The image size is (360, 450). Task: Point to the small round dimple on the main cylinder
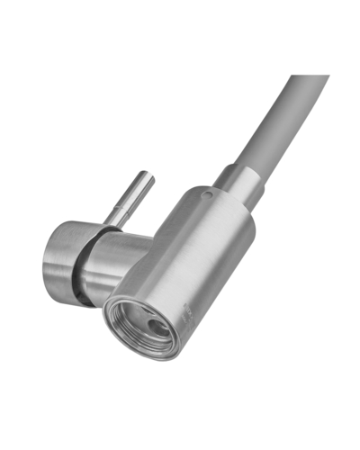207,193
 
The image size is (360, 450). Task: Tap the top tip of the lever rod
147,176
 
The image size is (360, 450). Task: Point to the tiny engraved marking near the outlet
187,312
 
